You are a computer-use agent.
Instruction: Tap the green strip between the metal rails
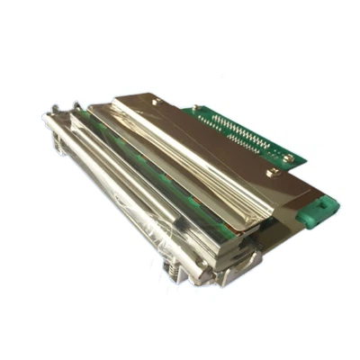[117, 153]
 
